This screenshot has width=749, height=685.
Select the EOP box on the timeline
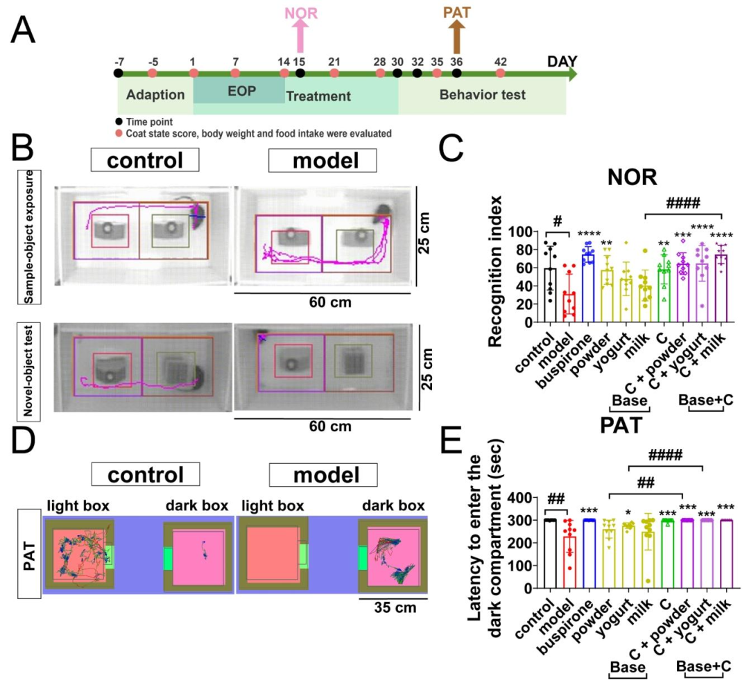pos(238,90)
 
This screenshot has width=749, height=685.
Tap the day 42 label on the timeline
pos(500,60)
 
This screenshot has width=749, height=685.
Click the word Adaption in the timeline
pos(156,96)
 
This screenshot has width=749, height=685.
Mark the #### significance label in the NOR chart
pos(684,203)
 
